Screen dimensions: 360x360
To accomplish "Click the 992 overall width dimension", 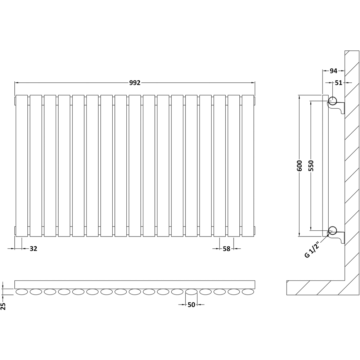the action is point(135,83).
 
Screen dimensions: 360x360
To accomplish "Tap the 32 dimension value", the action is point(33,248).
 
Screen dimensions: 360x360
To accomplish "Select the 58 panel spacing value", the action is point(226,249).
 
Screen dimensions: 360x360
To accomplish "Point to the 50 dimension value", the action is point(191,305).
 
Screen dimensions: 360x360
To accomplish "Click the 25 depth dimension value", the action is point(3,306).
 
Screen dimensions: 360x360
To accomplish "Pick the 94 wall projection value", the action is point(334,71).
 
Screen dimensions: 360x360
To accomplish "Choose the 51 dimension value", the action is point(338,83).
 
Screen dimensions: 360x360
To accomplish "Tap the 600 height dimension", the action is point(300,166).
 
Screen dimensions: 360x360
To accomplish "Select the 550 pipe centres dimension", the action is point(311,166).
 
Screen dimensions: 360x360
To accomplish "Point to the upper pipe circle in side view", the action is point(332,100).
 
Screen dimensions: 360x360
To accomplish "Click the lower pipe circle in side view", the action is point(332,230).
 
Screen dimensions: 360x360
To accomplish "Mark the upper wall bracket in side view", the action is point(337,108).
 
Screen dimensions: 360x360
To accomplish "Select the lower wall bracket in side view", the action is point(337,238).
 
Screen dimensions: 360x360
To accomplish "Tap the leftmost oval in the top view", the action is point(22,292).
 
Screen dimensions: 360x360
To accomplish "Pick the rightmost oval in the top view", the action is point(248,292).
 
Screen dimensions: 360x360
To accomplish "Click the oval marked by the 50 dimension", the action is point(191,292).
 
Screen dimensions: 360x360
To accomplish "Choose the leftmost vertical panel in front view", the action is point(22,166).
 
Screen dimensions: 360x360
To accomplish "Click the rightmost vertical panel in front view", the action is point(248,166).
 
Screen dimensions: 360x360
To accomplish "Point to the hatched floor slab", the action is point(316,288).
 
